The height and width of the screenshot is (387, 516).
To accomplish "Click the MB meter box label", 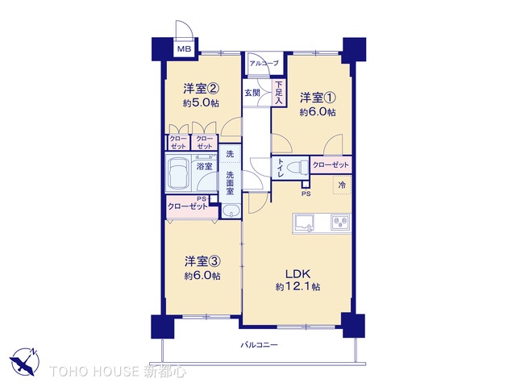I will pyautogui.click(x=185, y=48).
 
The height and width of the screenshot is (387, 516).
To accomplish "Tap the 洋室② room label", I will pyautogui.click(x=201, y=89).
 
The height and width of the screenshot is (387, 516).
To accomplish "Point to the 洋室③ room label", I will pyautogui.click(x=202, y=261).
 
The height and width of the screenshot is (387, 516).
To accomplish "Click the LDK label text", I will pyautogui.click(x=297, y=273).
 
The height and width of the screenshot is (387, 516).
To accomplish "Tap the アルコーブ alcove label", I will pyautogui.click(x=264, y=63).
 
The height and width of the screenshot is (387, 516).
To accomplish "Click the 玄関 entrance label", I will pyautogui.click(x=252, y=93).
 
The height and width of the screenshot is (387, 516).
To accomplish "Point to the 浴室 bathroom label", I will pyautogui.click(x=205, y=166).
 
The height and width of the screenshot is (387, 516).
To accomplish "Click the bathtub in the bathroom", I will pyautogui.click(x=179, y=171).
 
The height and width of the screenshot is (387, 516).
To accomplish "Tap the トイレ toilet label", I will pyautogui.click(x=280, y=168).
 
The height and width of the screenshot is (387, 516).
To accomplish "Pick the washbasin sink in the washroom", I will pyautogui.click(x=231, y=212).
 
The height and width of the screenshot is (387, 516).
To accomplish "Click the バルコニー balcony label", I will pyautogui.click(x=260, y=345).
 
